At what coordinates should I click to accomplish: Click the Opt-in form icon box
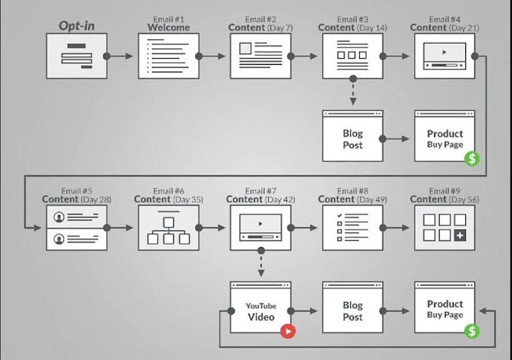(76, 56)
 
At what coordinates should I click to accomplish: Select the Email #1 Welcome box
(168, 56)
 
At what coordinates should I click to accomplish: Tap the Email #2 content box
(261, 56)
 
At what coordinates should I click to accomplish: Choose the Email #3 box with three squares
(352, 56)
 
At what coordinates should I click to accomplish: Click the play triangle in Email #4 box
(445, 53)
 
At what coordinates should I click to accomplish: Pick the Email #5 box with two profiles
(76, 227)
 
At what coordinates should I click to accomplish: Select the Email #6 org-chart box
(168, 227)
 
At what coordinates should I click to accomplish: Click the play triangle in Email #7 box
(261, 224)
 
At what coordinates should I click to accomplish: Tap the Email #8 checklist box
(352, 227)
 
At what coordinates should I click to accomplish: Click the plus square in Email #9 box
(460, 236)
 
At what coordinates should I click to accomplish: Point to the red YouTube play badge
(287, 331)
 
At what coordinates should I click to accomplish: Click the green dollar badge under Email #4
(471, 158)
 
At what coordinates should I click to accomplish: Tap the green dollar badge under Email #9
(471, 331)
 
